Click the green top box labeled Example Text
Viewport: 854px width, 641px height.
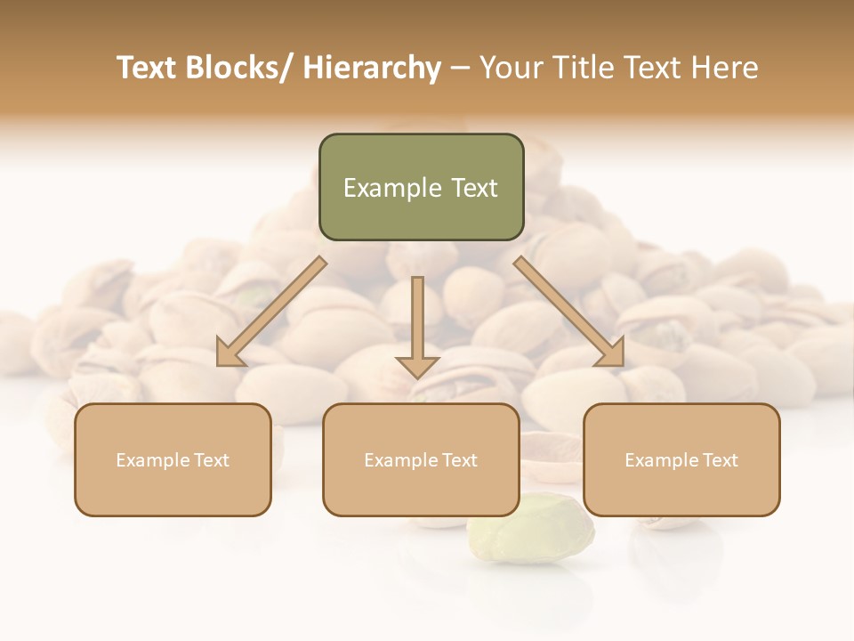pyautogui.click(x=421, y=187)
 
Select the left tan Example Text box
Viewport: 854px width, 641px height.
pyautogui.click(x=173, y=459)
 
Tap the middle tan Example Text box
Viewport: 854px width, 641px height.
pyautogui.click(x=421, y=459)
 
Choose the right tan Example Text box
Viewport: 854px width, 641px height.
pyautogui.click(x=681, y=459)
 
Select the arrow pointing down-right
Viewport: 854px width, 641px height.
pyautogui.click(x=569, y=312)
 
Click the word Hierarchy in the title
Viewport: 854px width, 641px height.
pyautogui.click(x=372, y=68)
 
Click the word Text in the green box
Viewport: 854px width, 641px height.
pyautogui.click(x=474, y=188)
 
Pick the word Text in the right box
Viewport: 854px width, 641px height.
pyautogui.click(x=719, y=460)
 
